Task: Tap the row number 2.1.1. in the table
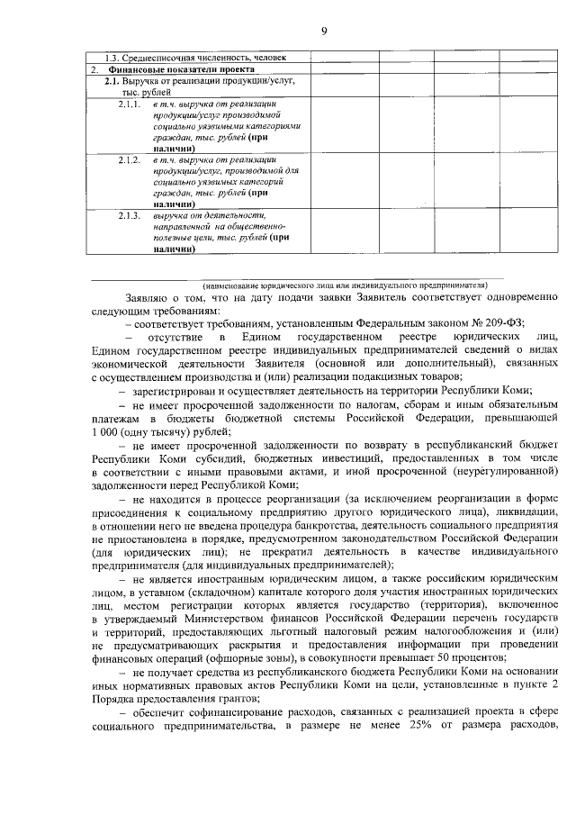tap(130, 106)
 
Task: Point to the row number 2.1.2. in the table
tap(130, 159)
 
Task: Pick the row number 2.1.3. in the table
tap(130, 215)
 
